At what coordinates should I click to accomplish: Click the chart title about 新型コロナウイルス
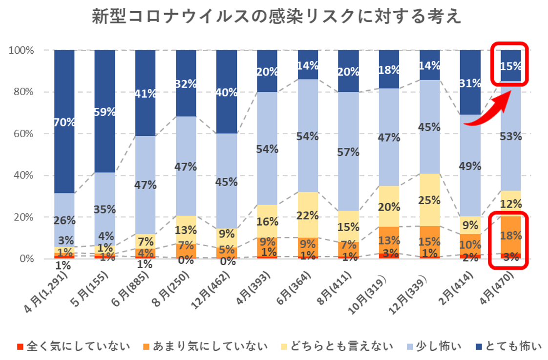click(x=276, y=17)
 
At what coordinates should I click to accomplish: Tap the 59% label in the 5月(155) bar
click(x=105, y=112)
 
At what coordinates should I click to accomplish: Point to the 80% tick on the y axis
click(x=23, y=92)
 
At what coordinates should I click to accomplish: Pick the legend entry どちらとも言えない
click(x=337, y=346)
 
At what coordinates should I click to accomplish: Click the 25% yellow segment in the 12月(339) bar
click(x=430, y=200)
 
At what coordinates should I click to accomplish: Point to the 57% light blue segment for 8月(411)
click(x=349, y=152)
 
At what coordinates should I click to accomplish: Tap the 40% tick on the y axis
click(x=23, y=175)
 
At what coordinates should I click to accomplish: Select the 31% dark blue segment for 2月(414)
click(x=470, y=83)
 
